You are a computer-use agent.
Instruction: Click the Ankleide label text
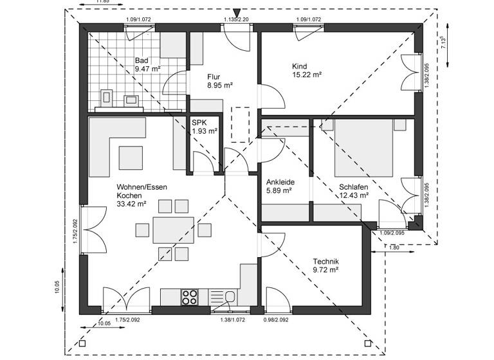click(x=280, y=186)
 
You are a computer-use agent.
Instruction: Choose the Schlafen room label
click(x=354, y=191)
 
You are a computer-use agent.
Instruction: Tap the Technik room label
click(x=325, y=265)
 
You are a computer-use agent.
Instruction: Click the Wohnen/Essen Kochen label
click(x=142, y=195)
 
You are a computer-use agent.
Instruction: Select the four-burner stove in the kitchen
click(x=190, y=296)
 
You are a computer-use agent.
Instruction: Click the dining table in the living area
click(x=172, y=230)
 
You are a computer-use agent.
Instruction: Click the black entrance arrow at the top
click(x=237, y=12)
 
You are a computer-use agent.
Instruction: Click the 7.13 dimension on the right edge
click(x=441, y=42)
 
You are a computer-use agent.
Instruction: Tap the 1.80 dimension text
click(x=393, y=247)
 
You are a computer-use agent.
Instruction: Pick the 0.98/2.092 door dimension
click(x=277, y=319)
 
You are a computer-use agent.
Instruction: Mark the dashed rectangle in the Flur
click(x=239, y=124)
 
